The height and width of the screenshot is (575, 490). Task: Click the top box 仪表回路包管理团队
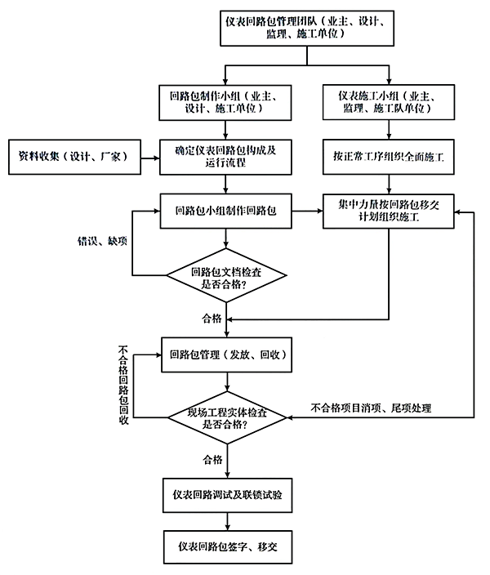tap(307, 28)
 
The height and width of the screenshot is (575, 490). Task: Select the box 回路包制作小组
tap(227, 102)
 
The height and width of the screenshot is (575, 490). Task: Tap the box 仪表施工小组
tap(386, 102)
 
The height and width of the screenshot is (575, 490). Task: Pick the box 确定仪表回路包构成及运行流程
tap(227, 156)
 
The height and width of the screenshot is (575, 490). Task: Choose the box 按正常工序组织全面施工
tap(387, 156)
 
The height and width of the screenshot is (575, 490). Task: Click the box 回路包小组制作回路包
tap(227, 211)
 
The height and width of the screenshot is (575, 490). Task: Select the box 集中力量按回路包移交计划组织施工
tap(388, 211)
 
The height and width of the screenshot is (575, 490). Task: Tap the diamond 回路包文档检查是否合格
tap(227, 279)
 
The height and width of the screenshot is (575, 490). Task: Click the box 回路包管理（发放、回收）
tap(227, 354)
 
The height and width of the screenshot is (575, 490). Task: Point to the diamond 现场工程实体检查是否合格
tap(227, 419)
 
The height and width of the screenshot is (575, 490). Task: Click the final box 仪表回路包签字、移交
tap(227, 545)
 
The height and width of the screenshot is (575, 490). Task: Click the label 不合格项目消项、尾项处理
tap(372, 408)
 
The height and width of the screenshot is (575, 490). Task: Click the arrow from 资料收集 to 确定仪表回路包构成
tap(148, 156)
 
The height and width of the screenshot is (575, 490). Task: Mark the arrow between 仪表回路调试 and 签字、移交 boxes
tap(227, 520)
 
